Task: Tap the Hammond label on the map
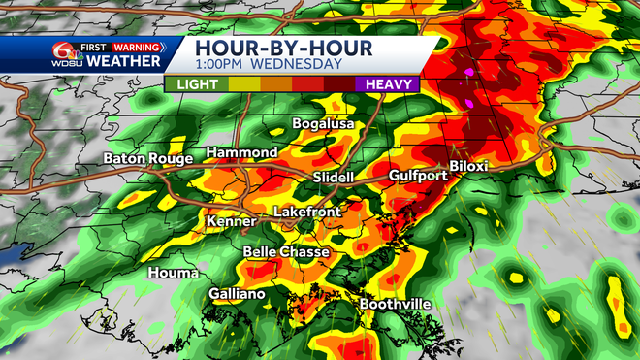241,153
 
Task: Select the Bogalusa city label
325,125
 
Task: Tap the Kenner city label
231,222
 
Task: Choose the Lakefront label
306,212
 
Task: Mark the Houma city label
173,273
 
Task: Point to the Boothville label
396,304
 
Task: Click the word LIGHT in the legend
197,84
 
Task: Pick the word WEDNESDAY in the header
299,65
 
